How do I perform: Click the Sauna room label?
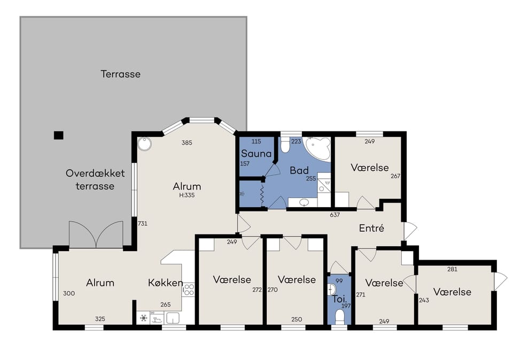[x=256, y=153]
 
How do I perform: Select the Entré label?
[x=371, y=228]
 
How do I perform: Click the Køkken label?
[x=165, y=283]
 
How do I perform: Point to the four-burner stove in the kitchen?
[x=189, y=289]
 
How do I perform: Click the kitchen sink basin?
[x=173, y=318]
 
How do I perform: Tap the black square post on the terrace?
[x=59, y=135]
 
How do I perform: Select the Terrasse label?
[x=120, y=74]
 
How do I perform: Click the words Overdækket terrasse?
[x=95, y=179]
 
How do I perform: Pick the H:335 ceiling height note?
[x=187, y=195]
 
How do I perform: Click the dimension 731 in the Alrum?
[x=143, y=224]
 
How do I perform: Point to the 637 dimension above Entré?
[x=335, y=215]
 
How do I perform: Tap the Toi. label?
[x=339, y=299]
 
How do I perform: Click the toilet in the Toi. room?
[x=340, y=317]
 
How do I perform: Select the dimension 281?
[x=452, y=269]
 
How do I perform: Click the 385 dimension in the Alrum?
[x=187, y=143]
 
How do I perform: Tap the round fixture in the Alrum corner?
[x=144, y=144]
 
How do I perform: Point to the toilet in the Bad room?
[x=285, y=145]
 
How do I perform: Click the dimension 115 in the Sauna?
[x=256, y=141]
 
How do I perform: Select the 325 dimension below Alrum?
[x=100, y=319]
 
